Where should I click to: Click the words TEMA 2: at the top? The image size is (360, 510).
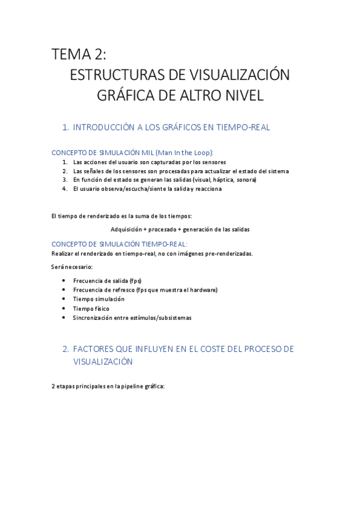coord(79,55)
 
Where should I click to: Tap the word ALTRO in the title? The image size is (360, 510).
coord(202,96)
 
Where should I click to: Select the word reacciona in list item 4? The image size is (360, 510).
coord(208,189)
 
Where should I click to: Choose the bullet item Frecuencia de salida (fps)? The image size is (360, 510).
coord(107,281)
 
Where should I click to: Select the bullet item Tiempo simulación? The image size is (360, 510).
coord(99,299)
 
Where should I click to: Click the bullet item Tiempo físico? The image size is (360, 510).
coord(91,309)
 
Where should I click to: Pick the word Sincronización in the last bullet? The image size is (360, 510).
coord(93,318)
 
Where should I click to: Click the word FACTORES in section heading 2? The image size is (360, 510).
coord(97,349)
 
